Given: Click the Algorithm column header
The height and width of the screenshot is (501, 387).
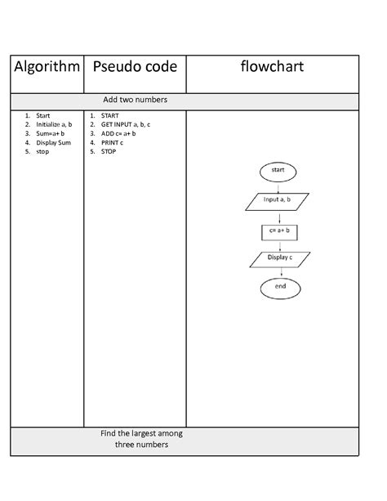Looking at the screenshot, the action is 46,67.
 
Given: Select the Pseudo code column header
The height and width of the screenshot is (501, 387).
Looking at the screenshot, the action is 134,67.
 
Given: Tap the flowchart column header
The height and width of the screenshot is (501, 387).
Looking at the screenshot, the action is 272,67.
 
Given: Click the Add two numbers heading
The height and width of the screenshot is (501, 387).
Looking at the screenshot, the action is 136,100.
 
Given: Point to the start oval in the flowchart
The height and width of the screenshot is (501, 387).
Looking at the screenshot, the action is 278,171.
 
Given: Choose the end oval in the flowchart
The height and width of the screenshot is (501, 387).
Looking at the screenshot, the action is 280,287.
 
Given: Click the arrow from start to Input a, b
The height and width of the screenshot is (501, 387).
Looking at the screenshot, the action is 278,186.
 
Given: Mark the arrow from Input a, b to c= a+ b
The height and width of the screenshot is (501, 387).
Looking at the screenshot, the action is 279,217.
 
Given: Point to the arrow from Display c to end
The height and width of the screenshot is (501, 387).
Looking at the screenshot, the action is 280,272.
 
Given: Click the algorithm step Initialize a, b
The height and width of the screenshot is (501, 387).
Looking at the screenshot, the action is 54,124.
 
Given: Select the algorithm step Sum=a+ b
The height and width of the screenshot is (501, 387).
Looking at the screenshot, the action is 51,133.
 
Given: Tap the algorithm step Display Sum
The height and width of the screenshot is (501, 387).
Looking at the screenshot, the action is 53,142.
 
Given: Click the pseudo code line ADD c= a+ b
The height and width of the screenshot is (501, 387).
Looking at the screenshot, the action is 118,133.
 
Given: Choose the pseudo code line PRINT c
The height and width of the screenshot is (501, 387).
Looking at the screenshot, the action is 113,142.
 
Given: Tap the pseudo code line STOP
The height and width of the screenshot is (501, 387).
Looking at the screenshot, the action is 109,151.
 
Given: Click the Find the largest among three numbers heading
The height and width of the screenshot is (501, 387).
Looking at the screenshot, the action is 141,440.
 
